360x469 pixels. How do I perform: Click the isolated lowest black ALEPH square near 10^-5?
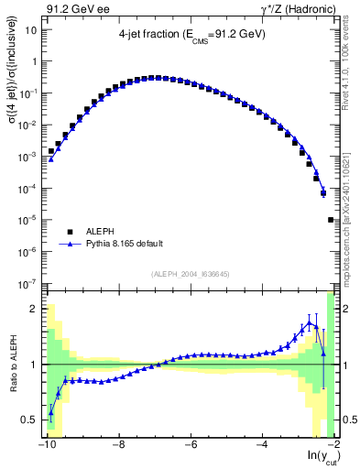[x=331, y=220]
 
